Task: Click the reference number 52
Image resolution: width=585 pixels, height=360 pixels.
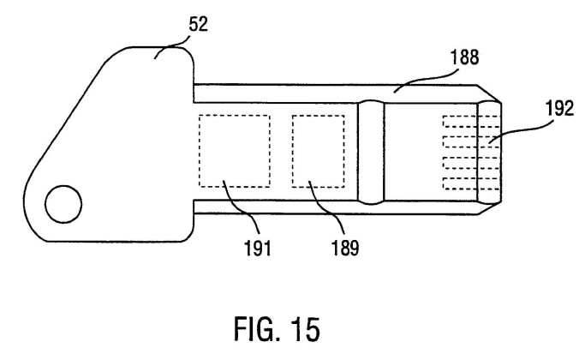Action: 198,25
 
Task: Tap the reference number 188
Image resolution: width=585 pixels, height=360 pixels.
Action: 464,57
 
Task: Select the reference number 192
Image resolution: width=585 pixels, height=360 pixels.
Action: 559,109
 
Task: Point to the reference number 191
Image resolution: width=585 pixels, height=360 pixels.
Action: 258,248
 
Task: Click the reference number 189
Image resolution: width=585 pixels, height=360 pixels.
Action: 345,248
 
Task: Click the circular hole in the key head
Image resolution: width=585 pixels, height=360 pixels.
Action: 63,204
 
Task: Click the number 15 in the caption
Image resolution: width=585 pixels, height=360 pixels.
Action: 306,329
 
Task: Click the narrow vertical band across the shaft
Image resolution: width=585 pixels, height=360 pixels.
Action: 371,152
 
